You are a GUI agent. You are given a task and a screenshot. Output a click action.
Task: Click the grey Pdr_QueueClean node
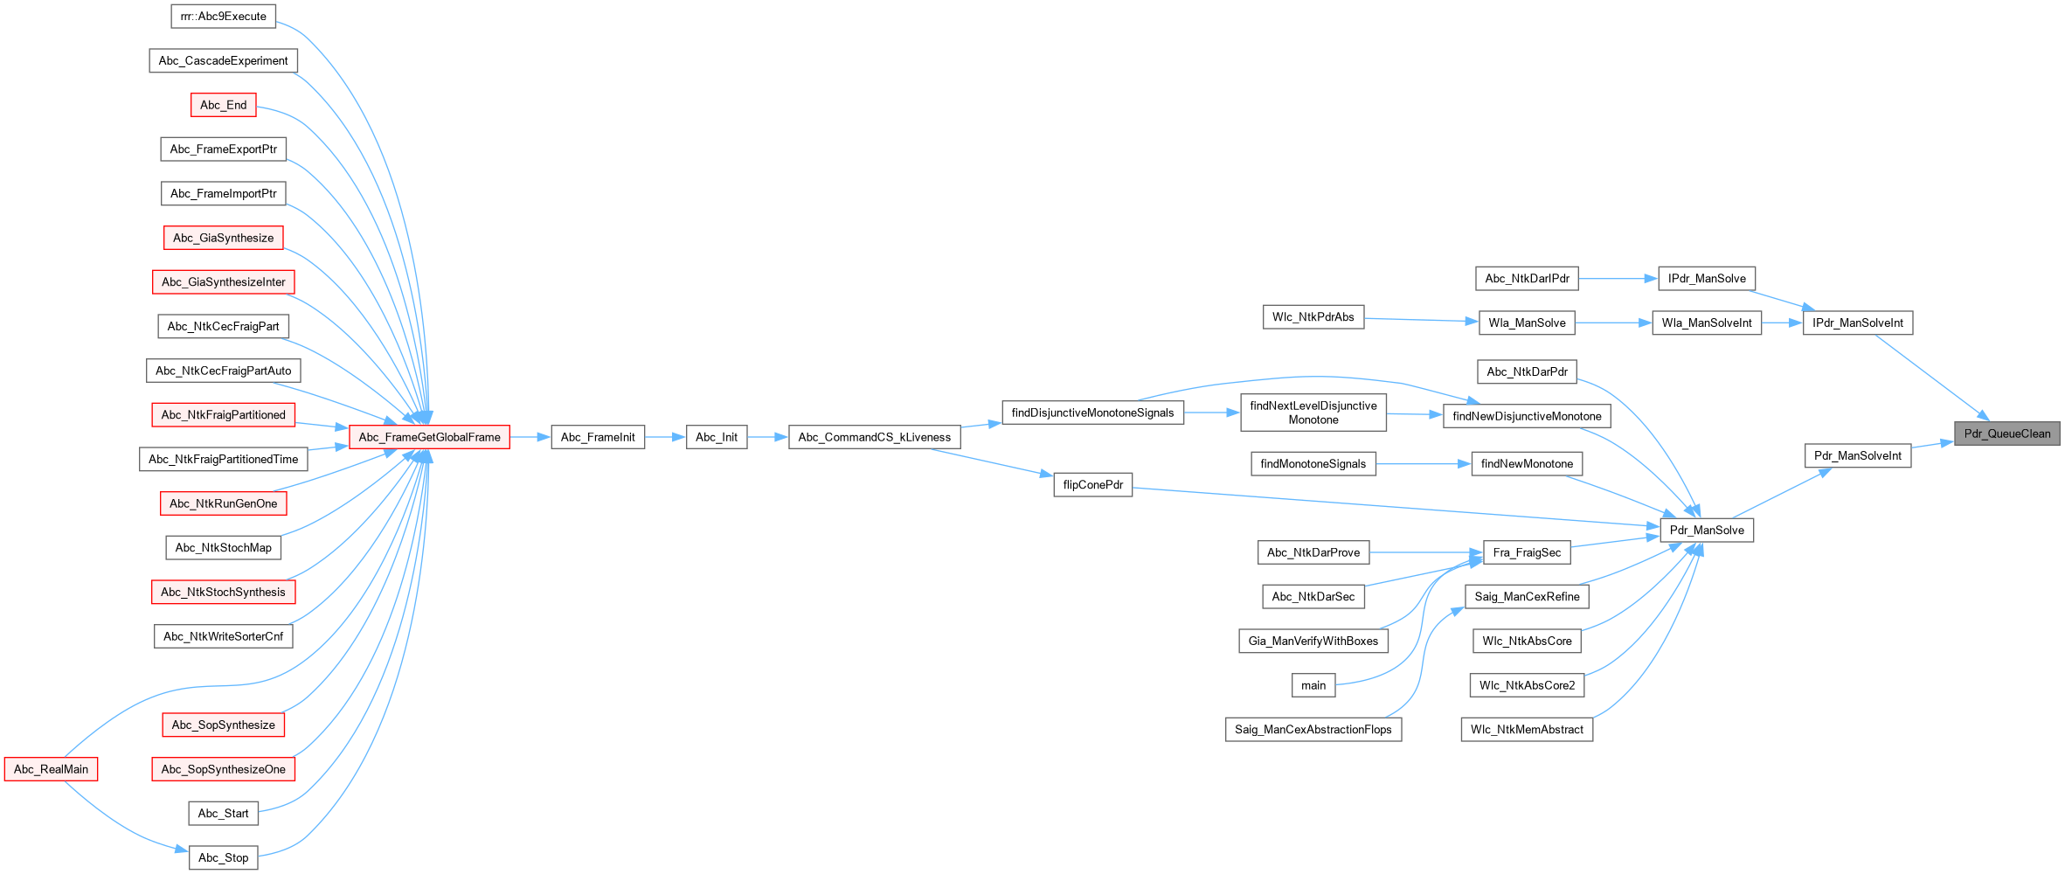coord(2006,434)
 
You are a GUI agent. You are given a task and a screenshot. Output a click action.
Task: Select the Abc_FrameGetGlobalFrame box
coord(429,437)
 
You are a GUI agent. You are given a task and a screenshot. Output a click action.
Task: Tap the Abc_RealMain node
coord(51,769)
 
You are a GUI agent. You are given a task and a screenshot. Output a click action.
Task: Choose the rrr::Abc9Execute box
coord(223,17)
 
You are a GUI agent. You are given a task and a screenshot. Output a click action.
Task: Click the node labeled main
coord(1313,685)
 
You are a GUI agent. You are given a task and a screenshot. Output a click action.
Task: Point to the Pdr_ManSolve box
coord(1706,531)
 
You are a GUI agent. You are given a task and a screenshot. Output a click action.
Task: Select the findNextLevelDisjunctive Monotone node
coord(1313,413)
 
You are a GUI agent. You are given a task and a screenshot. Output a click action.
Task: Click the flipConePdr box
coord(1092,485)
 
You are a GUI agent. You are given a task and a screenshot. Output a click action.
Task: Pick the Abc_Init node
coord(716,437)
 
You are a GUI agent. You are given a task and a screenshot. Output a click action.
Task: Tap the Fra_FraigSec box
coord(1526,552)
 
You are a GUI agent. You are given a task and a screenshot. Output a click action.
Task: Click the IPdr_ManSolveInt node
coord(1857,323)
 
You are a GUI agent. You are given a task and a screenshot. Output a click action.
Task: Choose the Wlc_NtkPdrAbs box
coord(1313,317)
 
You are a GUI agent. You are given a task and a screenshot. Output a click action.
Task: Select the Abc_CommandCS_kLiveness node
coord(874,437)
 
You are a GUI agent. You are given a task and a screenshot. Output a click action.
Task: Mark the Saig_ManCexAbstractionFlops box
coord(1313,730)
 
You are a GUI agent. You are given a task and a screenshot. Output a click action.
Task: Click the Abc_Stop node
coord(223,857)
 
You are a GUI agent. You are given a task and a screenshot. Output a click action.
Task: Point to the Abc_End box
coord(223,105)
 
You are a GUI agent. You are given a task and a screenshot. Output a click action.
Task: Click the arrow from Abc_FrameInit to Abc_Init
coord(665,437)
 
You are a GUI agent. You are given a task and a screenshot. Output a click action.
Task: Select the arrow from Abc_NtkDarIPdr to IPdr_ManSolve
coord(1618,279)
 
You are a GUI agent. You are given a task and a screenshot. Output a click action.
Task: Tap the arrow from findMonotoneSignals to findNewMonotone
coord(1424,464)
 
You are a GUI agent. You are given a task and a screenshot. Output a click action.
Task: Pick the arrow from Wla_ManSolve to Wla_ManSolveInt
coord(1613,323)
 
